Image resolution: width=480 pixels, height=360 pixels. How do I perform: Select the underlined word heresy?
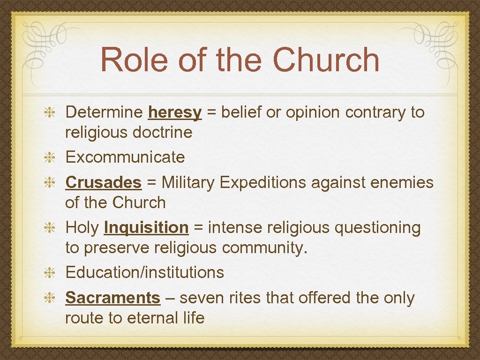pos(174,112)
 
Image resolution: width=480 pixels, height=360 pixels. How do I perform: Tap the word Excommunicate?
pos(125,157)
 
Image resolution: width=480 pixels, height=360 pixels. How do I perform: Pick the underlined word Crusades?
pos(103,182)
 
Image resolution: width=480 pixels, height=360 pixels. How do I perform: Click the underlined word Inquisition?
pos(146,228)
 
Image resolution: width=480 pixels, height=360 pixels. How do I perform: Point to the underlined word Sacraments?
pos(112,298)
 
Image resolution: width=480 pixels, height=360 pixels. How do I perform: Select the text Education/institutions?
pos(144,272)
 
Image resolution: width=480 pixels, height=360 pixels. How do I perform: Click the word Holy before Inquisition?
pos(82,228)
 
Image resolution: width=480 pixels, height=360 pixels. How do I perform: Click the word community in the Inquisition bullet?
pos(264,248)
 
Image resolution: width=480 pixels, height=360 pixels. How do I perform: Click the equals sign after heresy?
pos(211,112)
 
